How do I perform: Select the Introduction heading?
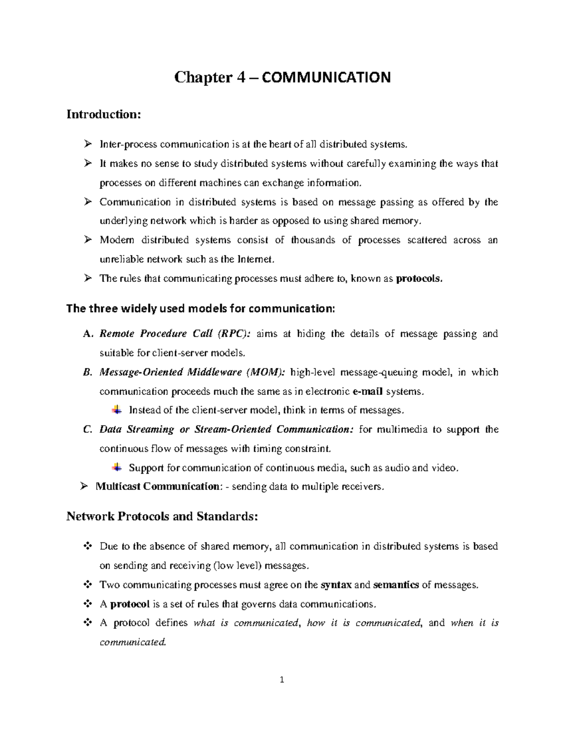104,114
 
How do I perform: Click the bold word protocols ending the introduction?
420,279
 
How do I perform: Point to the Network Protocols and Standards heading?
162,516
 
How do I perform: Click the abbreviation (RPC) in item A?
234,334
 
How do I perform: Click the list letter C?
86,430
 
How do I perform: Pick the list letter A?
86,334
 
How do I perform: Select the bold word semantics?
395,585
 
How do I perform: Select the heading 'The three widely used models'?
201,309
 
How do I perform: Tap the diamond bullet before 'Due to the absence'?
87,546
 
